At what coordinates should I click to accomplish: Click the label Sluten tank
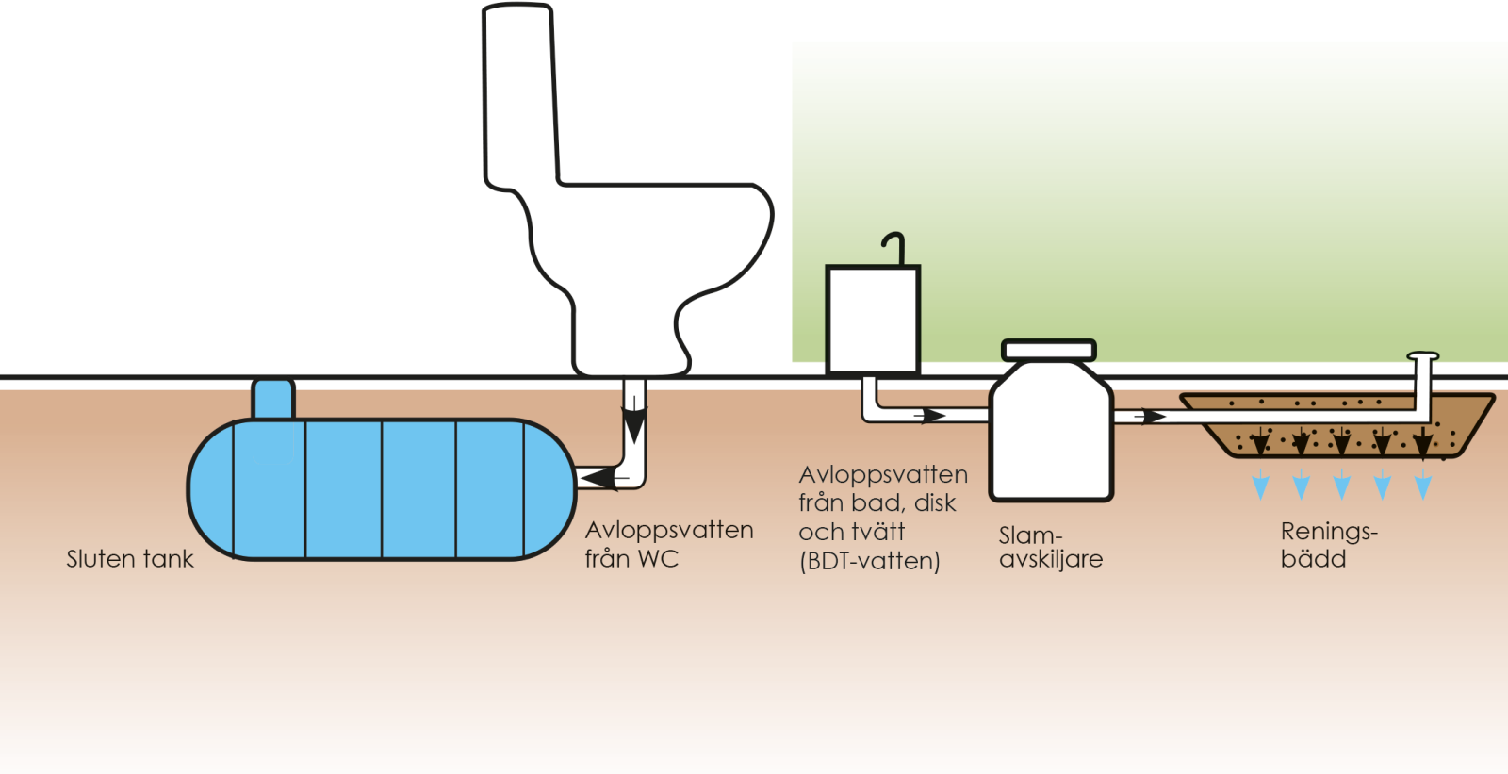pos(129,559)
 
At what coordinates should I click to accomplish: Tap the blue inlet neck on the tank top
pos(273,399)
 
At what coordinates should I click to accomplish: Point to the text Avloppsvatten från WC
pos(668,544)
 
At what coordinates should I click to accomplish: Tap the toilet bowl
pos(660,255)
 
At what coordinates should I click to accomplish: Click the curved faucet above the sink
pos(895,247)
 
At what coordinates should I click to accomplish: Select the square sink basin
pos(873,320)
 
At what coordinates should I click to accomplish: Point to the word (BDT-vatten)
pos(869,562)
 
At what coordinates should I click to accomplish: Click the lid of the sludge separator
pos(1049,350)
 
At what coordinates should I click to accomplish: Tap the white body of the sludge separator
pos(1051,434)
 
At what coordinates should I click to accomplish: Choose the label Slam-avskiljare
pos(1050,547)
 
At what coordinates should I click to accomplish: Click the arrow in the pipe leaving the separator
pos(1149,416)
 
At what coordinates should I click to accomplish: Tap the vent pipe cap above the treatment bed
pos(1423,356)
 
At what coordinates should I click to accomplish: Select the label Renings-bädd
pos(1328,545)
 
